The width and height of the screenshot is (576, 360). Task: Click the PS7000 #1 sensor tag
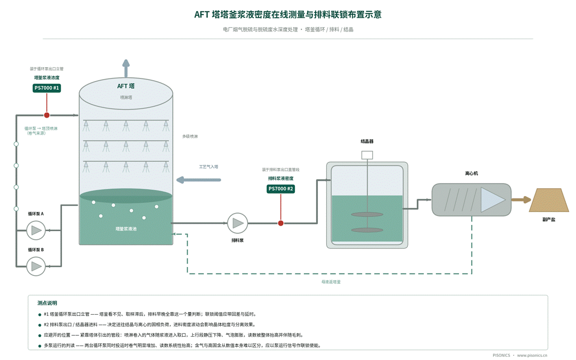coord(47,88)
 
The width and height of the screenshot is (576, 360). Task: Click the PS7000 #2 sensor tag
coord(281,189)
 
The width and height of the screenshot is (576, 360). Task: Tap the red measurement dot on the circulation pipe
coord(47,115)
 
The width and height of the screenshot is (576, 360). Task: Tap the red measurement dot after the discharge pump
coord(281,223)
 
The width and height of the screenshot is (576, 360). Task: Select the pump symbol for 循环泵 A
coord(36,230)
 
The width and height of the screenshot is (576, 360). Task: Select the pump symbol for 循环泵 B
coord(36,266)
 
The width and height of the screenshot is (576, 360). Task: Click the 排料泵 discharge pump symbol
coord(238,223)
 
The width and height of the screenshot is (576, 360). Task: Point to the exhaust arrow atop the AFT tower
coord(126,69)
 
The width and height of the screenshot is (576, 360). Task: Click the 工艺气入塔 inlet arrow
coord(199,180)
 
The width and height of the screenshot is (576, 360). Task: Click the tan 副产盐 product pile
coord(549,200)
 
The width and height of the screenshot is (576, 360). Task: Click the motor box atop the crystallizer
coord(367,155)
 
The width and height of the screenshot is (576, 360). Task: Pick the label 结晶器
coord(367,142)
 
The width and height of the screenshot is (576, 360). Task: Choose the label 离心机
coord(471,174)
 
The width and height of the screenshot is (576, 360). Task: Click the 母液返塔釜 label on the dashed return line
coord(331,282)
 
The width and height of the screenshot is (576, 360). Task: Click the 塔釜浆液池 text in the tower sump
coord(126,229)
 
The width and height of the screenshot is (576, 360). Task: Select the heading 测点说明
coord(48,303)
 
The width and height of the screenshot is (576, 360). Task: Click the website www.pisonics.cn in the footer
coord(532,355)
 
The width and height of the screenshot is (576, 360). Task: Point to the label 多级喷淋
coord(190,137)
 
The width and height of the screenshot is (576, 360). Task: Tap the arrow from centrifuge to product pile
coord(521,200)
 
